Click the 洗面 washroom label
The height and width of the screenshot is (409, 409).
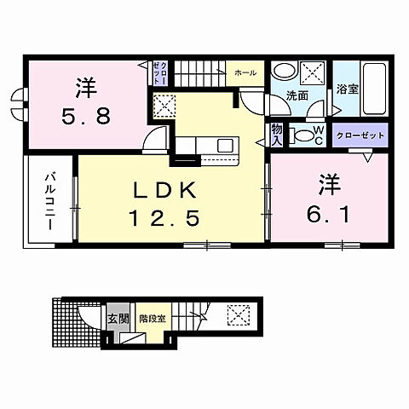296,95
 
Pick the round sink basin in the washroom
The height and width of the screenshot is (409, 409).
287,72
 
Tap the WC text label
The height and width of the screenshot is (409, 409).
317,135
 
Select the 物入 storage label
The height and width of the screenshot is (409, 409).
278,134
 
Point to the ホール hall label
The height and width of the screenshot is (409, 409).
246,73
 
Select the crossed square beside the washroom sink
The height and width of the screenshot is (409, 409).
316,72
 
